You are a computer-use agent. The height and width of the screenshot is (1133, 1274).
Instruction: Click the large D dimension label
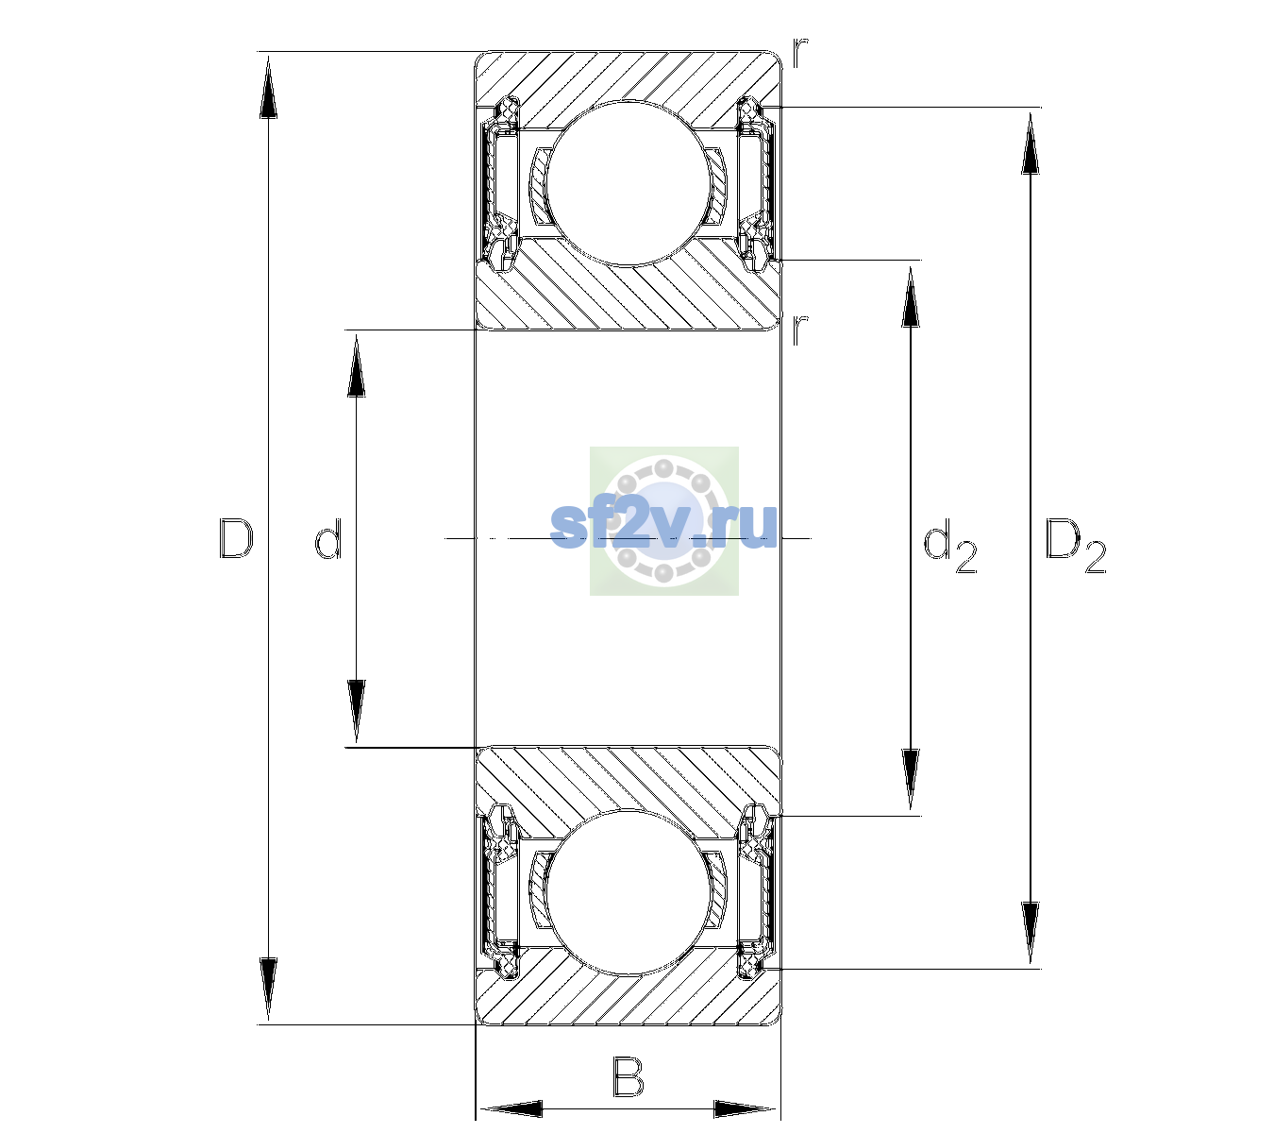click(x=236, y=538)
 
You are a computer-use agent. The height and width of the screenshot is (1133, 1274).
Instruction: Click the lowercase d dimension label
click(x=328, y=538)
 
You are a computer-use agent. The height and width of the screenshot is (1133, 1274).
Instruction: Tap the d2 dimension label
click(x=949, y=545)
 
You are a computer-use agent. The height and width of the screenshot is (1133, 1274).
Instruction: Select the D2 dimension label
click(x=1075, y=545)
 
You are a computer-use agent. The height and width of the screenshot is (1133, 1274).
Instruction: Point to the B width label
click(x=628, y=1077)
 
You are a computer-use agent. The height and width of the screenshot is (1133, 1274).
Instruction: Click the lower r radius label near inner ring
click(x=800, y=329)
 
